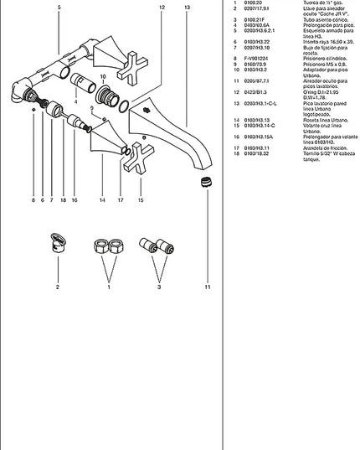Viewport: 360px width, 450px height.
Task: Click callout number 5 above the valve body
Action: click(x=59, y=7)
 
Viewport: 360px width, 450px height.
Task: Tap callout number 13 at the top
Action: click(x=187, y=7)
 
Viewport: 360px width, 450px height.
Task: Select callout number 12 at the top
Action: click(x=162, y=7)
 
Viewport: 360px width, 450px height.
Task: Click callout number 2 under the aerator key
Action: click(x=58, y=287)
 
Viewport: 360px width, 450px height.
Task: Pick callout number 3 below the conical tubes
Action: click(x=159, y=287)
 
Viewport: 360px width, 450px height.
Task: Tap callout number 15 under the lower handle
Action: click(x=140, y=201)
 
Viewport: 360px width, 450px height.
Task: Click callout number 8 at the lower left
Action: click(x=34, y=201)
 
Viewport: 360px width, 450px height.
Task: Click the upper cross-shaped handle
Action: click(x=132, y=66)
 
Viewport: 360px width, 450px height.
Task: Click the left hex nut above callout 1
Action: click(x=97, y=247)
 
